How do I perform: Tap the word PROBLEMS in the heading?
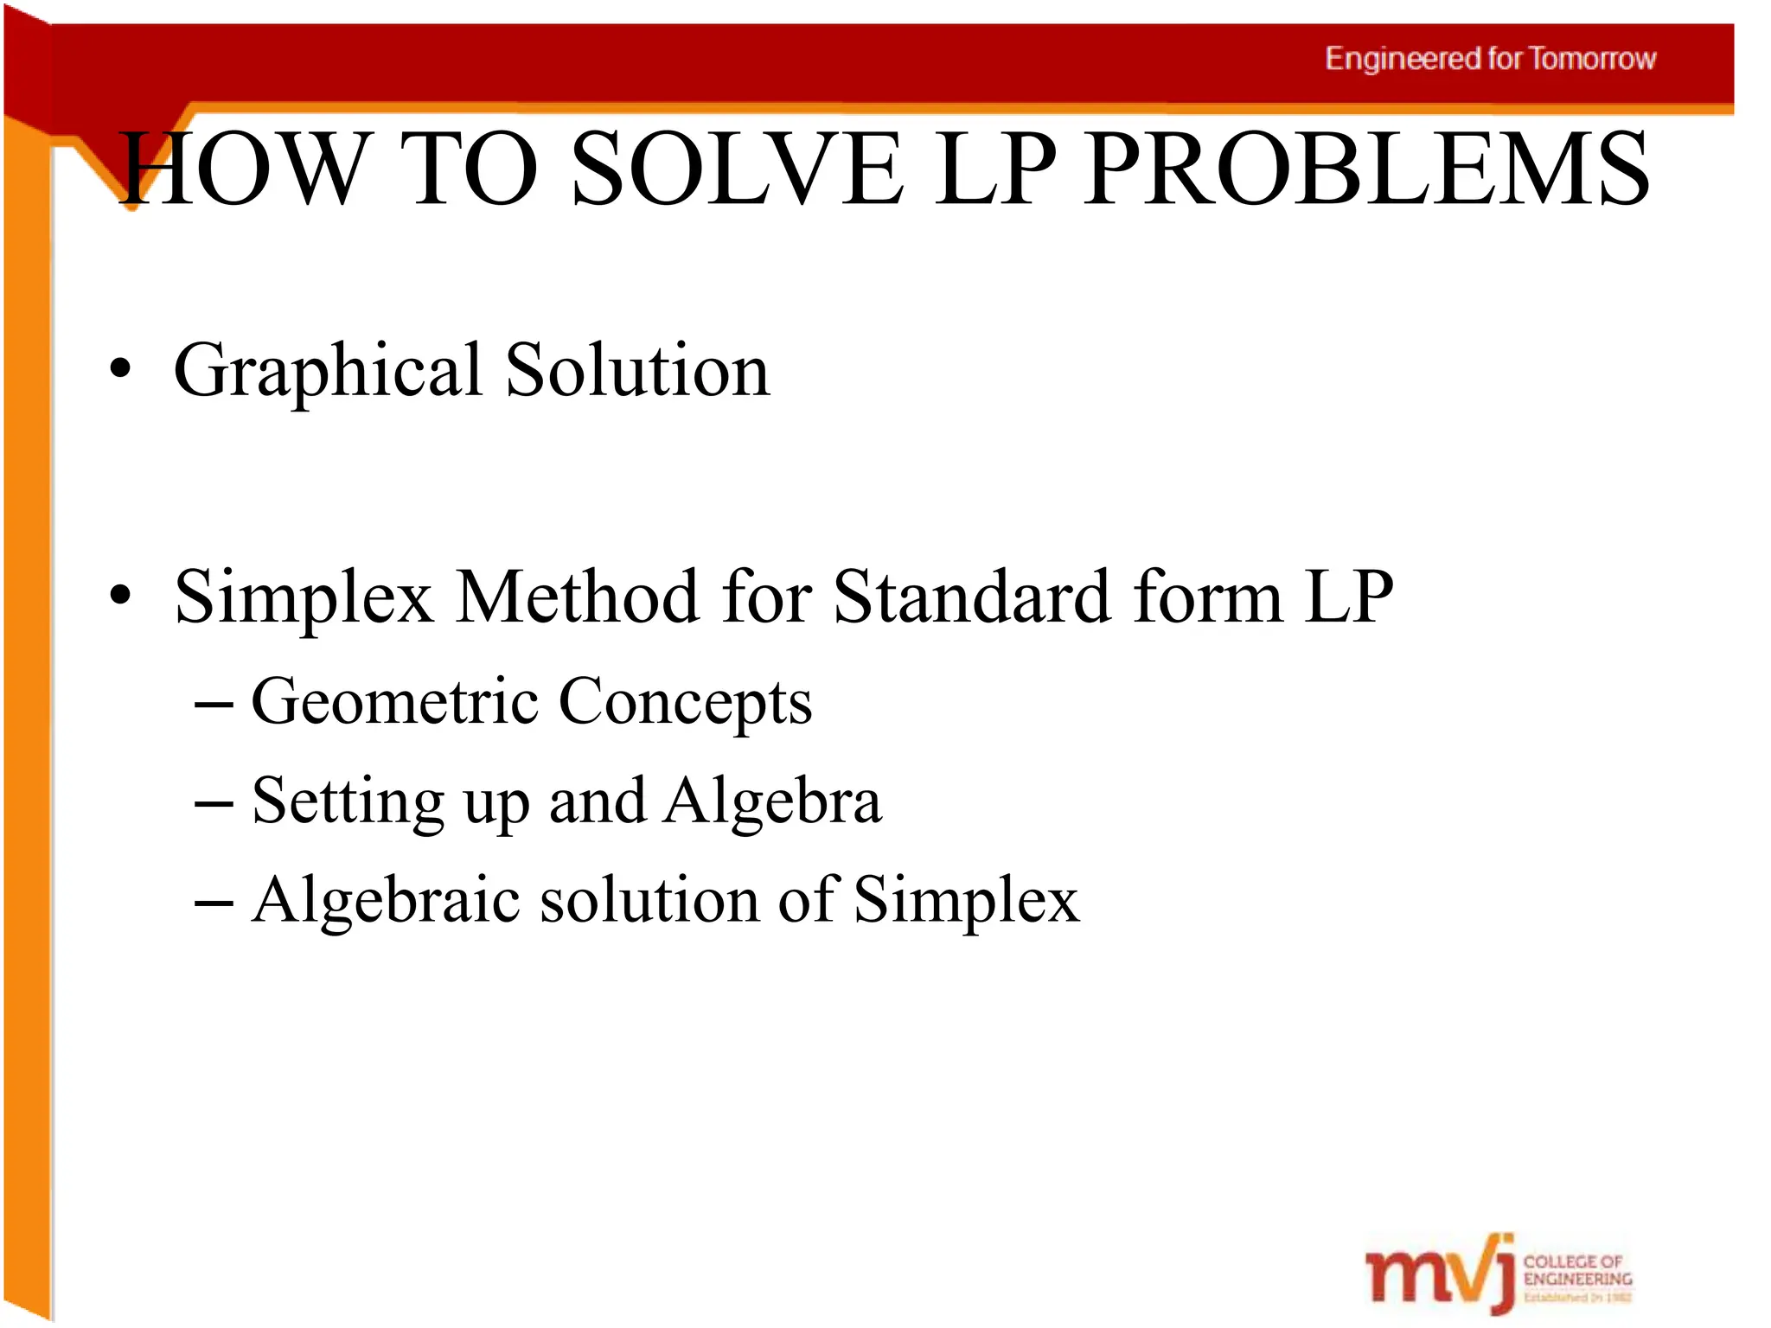point(1367,169)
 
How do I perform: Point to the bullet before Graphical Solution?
point(121,370)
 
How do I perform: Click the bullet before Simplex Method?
point(121,597)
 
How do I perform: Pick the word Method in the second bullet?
point(578,597)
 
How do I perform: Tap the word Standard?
point(972,597)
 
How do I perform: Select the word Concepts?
point(686,700)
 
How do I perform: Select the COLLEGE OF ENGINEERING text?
point(1577,1270)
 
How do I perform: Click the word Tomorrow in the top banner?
point(1592,59)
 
